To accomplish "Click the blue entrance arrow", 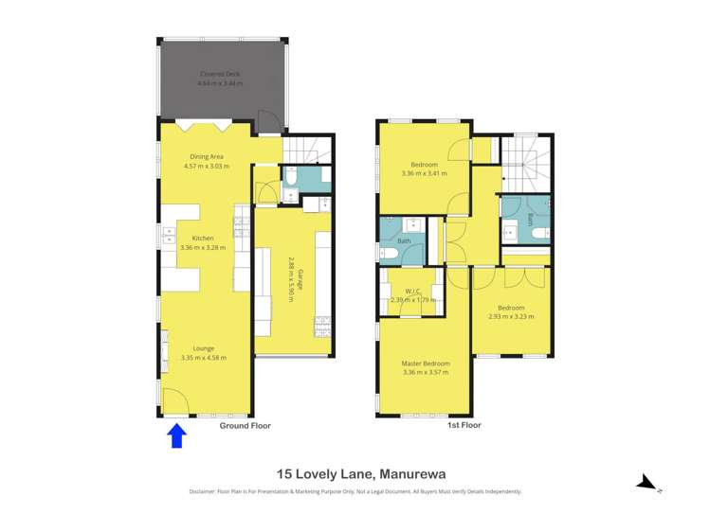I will click(x=177, y=435).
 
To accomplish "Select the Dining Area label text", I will click(x=206, y=157).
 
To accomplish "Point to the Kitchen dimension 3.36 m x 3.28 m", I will click(x=203, y=247).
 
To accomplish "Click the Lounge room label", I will click(x=203, y=347).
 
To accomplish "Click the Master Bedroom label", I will click(x=425, y=364).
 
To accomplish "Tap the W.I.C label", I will click(x=412, y=291).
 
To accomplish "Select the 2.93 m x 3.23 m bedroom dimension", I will click(x=511, y=316).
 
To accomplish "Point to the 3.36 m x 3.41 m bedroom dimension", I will click(x=424, y=173).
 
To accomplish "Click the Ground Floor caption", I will click(x=246, y=426).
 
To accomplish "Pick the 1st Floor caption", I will click(x=464, y=426).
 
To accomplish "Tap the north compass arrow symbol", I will click(x=647, y=484).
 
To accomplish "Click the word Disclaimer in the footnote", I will click(x=201, y=492).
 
